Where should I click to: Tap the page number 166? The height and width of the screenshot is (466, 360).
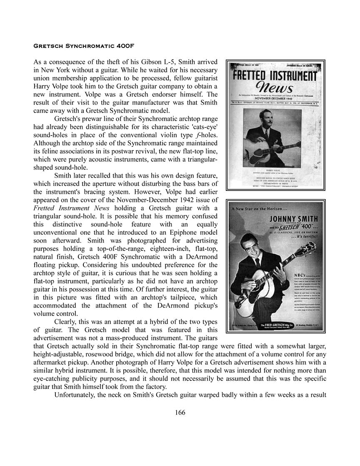coord(180,413)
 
